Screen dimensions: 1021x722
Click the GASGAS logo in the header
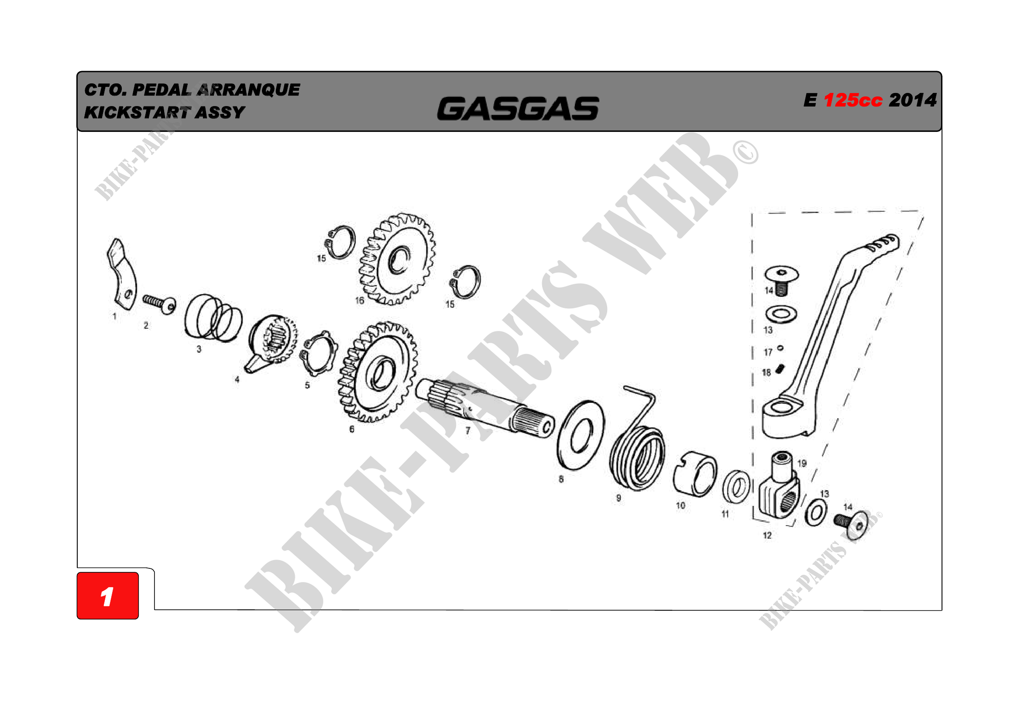point(518,109)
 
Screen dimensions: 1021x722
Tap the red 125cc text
point(853,100)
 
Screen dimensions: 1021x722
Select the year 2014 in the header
point(912,100)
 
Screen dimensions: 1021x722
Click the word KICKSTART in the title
point(138,113)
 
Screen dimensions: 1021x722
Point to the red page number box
point(108,595)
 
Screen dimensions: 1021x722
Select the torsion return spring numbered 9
point(637,440)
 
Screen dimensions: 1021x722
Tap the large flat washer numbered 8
point(580,435)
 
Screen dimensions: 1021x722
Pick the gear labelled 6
point(378,372)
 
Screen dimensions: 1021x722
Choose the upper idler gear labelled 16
point(397,259)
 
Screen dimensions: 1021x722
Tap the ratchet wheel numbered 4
point(270,343)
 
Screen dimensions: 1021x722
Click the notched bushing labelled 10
point(694,474)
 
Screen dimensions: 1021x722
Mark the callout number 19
point(802,463)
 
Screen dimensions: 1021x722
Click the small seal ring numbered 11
point(736,486)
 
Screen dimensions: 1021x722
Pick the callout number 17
point(768,353)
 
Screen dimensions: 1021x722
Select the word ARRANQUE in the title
point(248,90)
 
